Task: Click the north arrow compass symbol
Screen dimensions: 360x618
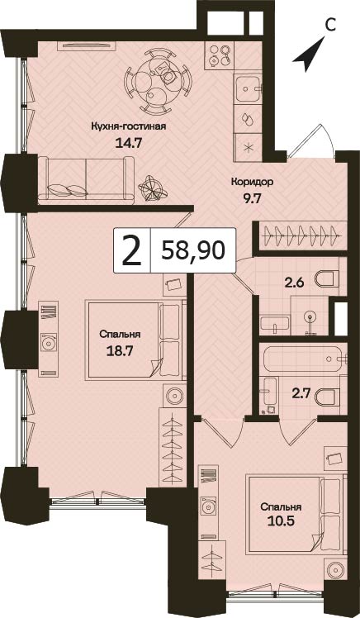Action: (x=310, y=56)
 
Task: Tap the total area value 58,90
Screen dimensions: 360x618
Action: (x=192, y=250)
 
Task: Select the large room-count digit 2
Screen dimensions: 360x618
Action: (x=132, y=250)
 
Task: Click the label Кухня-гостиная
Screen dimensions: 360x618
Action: (x=129, y=126)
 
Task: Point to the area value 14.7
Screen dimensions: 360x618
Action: (x=128, y=142)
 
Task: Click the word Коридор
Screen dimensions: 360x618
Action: (x=252, y=182)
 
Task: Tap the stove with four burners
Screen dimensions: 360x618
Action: (x=219, y=55)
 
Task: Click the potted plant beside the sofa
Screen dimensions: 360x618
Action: (x=152, y=188)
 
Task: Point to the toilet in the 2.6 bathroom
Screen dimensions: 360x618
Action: (x=327, y=278)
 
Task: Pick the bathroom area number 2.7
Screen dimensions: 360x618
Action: (x=299, y=394)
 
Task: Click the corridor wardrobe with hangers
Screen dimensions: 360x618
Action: (x=301, y=236)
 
